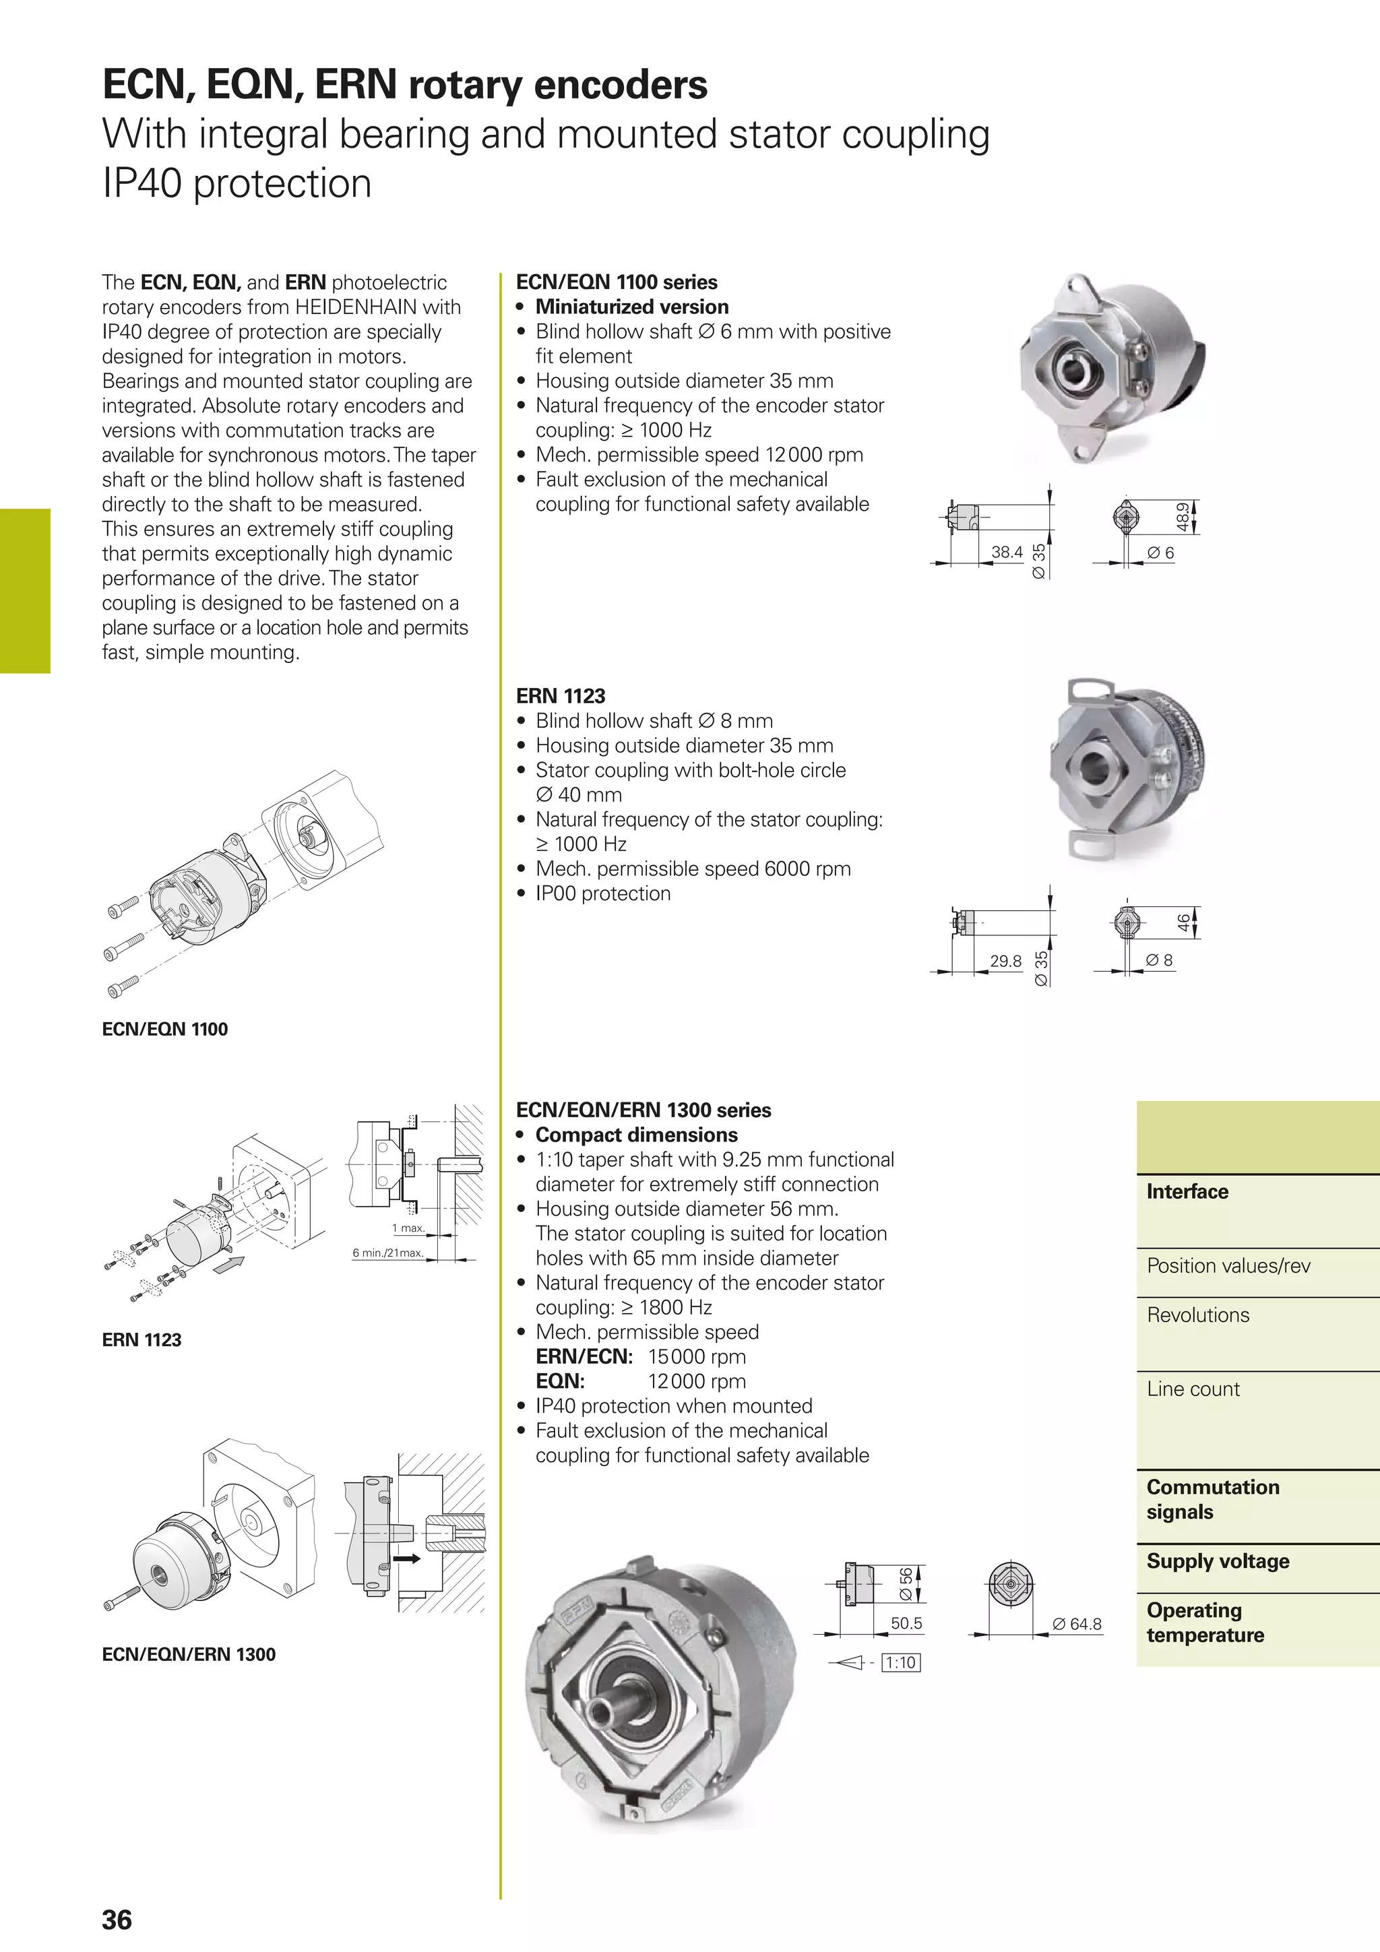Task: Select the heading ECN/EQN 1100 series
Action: [617, 282]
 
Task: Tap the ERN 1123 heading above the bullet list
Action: [561, 695]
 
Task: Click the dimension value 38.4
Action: [1007, 552]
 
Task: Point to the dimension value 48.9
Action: [1182, 516]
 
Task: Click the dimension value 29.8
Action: [1005, 961]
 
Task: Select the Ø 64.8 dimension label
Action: [1077, 1624]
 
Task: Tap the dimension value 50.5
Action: [906, 1623]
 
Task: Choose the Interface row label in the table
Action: [1187, 1191]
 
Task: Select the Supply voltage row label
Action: [1218, 1561]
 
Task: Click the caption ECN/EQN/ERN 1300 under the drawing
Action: [189, 1654]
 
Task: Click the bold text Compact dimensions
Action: [636, 1135]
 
